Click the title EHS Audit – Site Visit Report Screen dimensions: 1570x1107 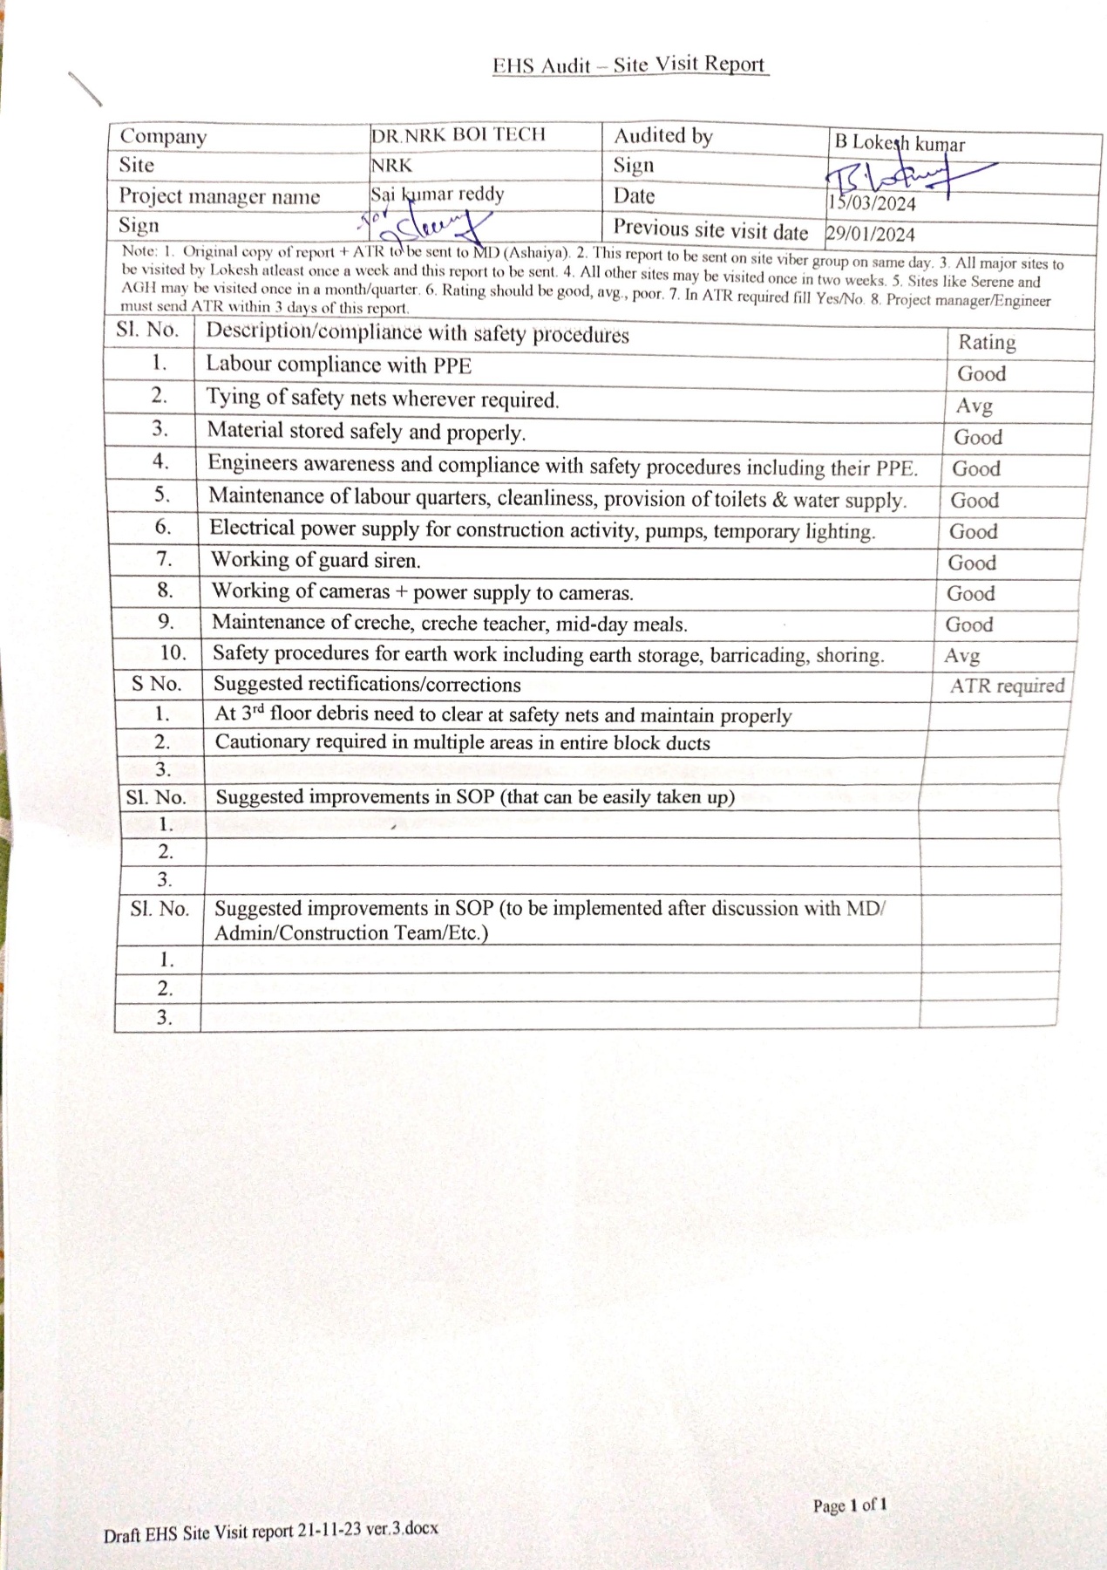(628, 65)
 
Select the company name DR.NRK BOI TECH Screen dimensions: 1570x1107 (458, 135)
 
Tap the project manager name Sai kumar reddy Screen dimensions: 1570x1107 (438, 194)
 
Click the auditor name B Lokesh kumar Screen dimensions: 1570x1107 (900, 143)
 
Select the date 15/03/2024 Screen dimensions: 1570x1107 (872, 204)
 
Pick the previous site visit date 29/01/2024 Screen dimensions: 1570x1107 (870, 234)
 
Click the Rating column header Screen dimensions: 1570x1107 (987, 342)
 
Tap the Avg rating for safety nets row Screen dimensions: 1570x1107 (975, 406)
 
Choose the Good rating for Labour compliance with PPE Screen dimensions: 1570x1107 (981, 373)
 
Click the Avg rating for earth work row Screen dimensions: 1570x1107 (962, 655)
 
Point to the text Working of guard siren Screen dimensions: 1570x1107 (316, 560)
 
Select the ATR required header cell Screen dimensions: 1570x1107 (1007, 686)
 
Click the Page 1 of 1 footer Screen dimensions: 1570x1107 (850, 1505)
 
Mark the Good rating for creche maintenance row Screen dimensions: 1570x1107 (969, 625)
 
